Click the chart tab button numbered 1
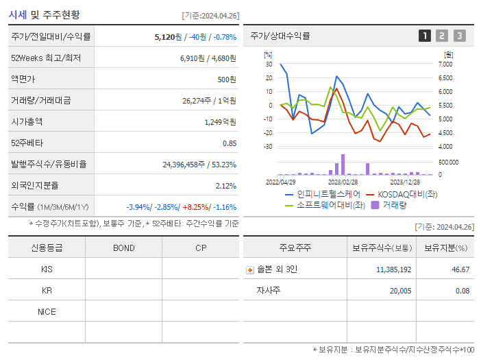click(x=425, y=36)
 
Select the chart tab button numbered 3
click(x=459, y=36)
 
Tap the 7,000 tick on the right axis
click(x=445, y=64)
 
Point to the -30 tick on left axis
click(x=269, y=147)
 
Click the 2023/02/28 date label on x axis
click(x=343, y=182)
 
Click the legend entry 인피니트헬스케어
click(x=322, y=194)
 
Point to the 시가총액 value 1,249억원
click(x=220, y=121)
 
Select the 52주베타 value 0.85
click(x=230, y=143)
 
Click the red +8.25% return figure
click(x=195, y=206)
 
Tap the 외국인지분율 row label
click(x=35, y=185)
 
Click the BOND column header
click(x=123, y=248)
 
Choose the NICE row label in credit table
click(x=47, y=311)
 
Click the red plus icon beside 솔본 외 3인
click(x=250, y=269)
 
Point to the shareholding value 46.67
click(x=460, y=269)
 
